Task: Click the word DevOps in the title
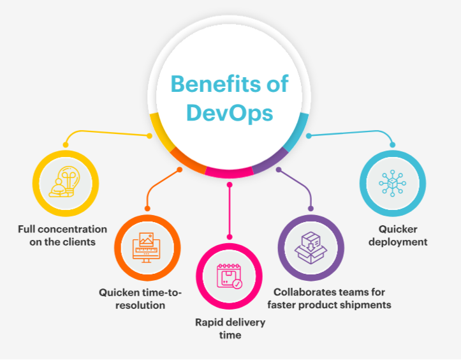coord(230,114)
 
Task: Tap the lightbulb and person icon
coord(64,182)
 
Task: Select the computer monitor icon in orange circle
coord(147,248)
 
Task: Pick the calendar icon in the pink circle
coord(230,276)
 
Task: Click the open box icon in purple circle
coord(311,248)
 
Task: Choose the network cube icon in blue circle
coord(393,183)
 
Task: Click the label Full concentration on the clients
coord(62,236)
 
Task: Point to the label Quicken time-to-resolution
coord(140,299)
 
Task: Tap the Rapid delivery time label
coord(230,329)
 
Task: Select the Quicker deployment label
coord(398,236)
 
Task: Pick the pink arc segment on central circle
coord(229,173)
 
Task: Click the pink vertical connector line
coord(230,211)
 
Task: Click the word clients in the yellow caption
coord(80,242)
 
